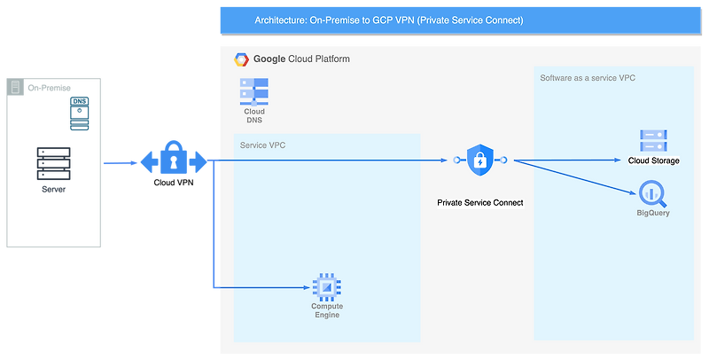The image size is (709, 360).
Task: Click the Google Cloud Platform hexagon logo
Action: click(x=241, y=59)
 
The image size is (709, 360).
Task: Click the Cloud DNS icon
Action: click(x=254, y=92)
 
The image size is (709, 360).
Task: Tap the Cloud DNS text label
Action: click(x=254, y=116)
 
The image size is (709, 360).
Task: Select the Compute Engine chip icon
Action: click(x=327, y=287)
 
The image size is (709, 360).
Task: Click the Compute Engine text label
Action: click(x=327, y=310)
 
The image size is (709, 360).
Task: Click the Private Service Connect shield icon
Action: click(x=479, y=160)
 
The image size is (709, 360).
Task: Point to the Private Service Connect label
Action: click(x=479, y=203)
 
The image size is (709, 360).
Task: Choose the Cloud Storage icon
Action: click(x=653, y=141)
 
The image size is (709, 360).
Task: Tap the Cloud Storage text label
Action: click(x=653, y=160)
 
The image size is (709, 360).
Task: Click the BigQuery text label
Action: click(x=653, y=214)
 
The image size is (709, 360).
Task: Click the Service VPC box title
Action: click(x=262, y=145)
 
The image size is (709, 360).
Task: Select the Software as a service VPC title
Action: click(x=588, y=78)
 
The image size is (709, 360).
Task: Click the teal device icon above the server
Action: click(x=80, y=111)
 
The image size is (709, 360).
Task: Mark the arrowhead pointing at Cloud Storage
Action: click(x=621, y=160)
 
